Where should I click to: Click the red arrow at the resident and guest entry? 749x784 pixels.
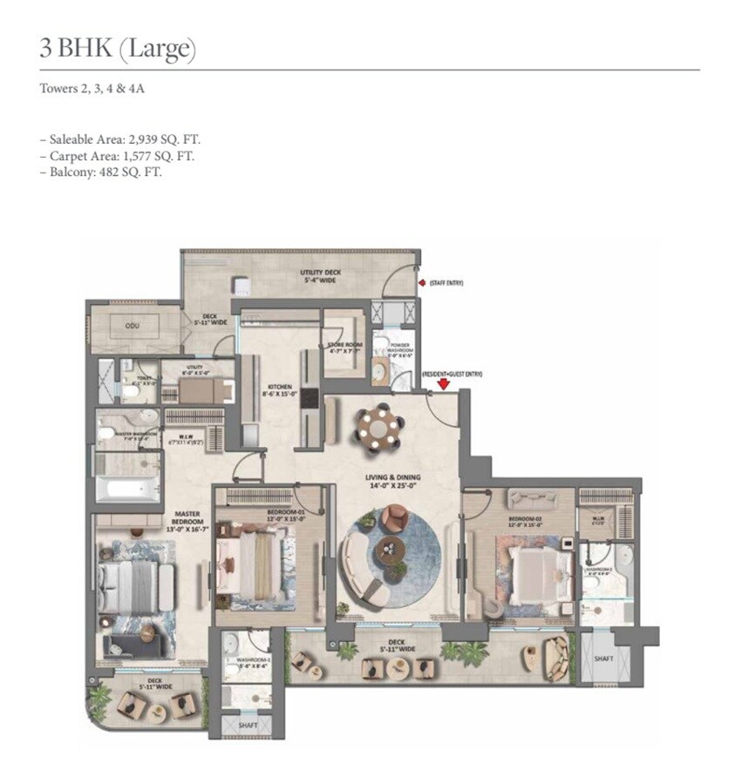click(443, 382)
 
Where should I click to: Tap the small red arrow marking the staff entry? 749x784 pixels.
click(423, 283)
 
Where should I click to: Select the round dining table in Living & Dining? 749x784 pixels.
click(378, 428)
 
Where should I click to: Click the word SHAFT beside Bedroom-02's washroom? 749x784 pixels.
click(603, 659)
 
